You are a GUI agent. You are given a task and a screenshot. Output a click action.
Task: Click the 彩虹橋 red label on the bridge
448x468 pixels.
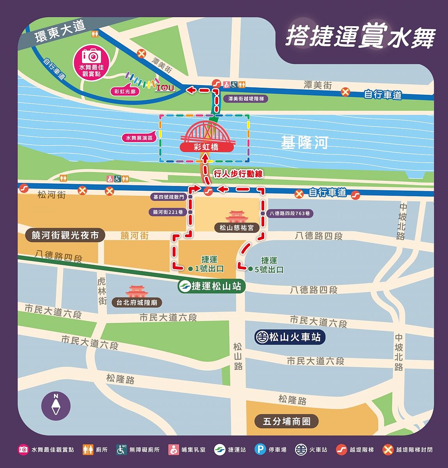tap(206, 147)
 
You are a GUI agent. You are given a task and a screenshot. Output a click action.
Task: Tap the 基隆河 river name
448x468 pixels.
tap(304, 143)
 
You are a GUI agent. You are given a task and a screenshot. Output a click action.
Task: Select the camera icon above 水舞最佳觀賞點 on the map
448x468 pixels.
tap(91, 56)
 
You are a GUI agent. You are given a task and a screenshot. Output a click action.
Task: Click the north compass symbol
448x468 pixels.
tap(56, 406)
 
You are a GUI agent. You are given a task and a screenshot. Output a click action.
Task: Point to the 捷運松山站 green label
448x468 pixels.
tap(211, 286)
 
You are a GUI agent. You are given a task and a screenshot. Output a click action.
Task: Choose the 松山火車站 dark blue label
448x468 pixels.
tap(290, 337)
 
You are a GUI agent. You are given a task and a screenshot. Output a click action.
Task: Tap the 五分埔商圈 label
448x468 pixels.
tap(286, 421)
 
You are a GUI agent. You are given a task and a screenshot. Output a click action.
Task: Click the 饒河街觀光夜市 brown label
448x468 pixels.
tap(65, 235)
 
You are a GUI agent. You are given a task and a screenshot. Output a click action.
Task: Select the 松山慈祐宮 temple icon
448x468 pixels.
tap(237, 217)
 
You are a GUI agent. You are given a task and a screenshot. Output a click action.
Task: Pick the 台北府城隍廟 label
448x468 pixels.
tap(137, 302)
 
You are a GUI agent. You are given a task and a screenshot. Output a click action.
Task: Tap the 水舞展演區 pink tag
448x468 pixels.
tap(139, 138)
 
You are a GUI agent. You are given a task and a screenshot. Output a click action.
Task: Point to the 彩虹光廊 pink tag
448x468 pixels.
tap(125, 91)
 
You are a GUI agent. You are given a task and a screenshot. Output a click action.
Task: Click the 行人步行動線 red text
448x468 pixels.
tap(238, 174)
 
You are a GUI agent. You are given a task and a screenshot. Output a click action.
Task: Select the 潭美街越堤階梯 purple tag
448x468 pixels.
tap(246, 99)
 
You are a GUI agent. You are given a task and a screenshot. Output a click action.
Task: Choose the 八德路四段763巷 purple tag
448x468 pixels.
tap(290, 213)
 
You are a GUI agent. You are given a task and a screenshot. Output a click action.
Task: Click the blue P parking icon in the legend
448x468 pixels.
tap(260, 449)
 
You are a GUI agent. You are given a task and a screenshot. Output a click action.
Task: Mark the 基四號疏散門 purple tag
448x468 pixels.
tap(169, 197)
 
